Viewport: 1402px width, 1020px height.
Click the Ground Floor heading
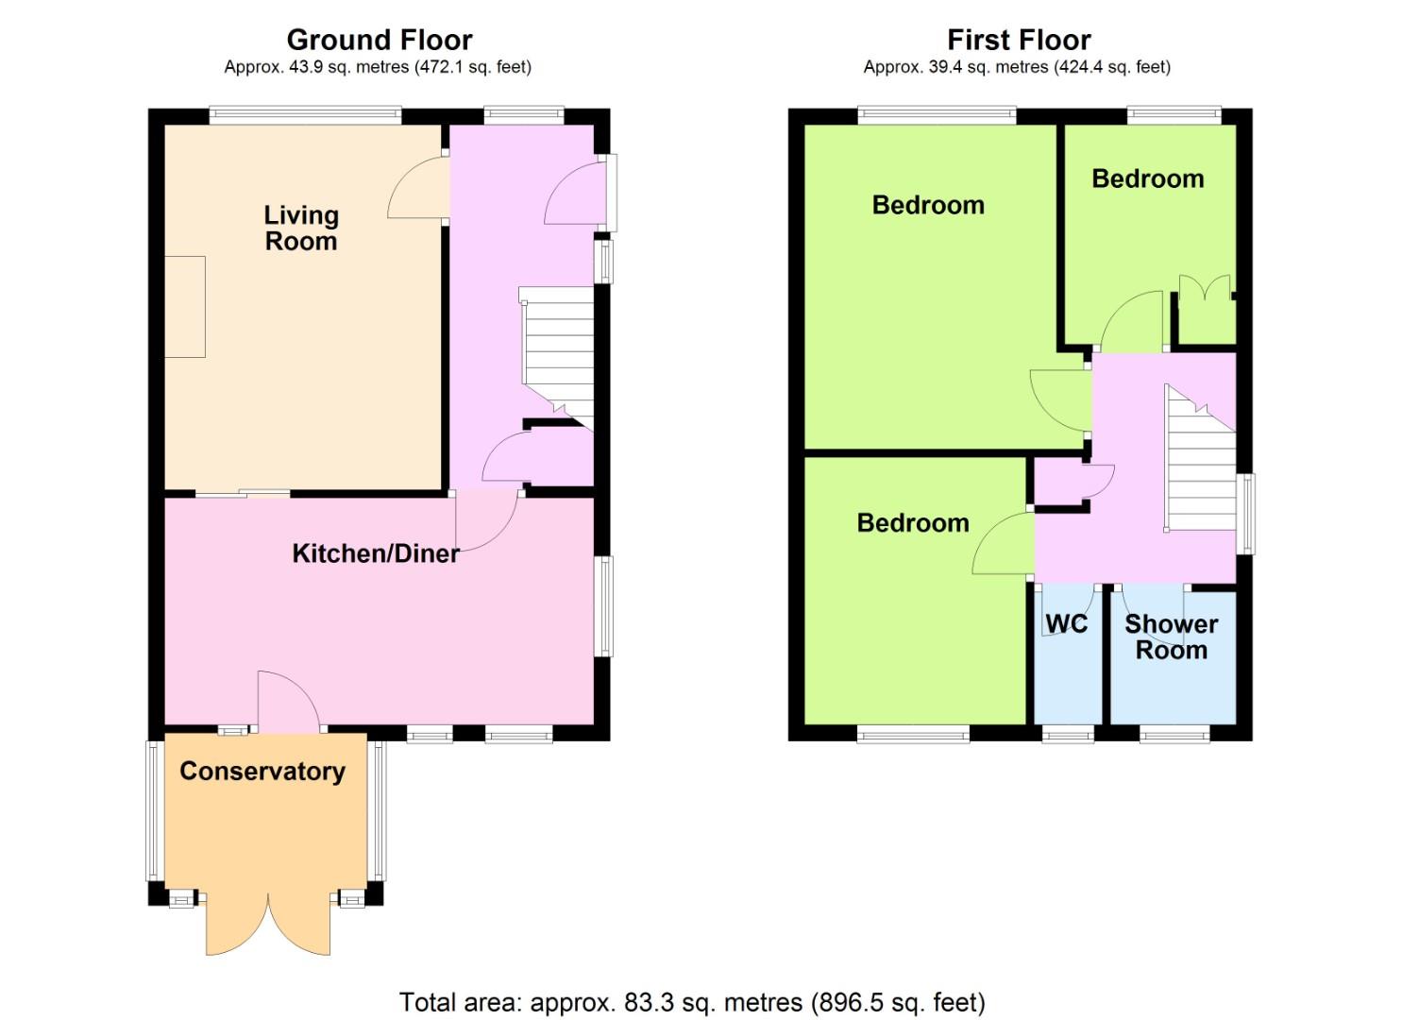380,41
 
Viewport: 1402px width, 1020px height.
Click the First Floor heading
1019,41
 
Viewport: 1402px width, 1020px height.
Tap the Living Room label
301,229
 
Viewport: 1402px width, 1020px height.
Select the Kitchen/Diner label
376,554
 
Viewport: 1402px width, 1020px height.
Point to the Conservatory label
262,772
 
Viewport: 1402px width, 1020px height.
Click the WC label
1067,623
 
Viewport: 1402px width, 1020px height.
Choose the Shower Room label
1171,637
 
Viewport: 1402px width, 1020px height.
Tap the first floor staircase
1200,458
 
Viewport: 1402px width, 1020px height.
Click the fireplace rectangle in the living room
185,307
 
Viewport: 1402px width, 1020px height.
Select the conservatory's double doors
268,924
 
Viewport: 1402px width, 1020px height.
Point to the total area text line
692,1002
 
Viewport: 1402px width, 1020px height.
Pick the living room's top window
306,114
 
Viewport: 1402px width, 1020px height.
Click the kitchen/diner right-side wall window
604,606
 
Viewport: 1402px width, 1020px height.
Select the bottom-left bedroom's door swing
1003,543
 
